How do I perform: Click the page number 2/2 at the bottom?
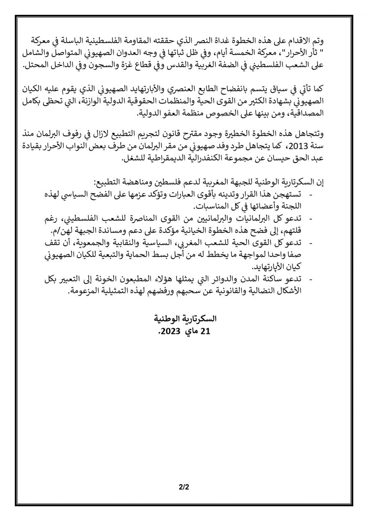point(184,487)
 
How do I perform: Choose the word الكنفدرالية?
point(202,160)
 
